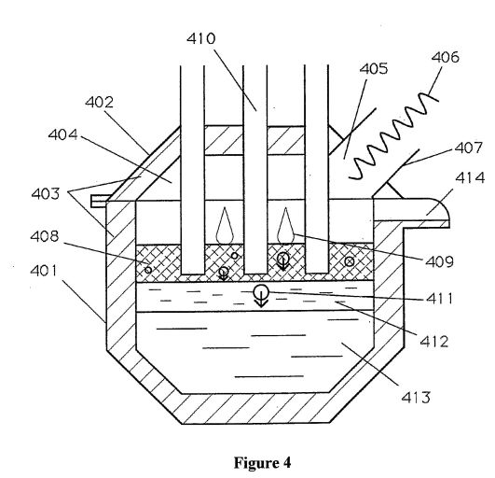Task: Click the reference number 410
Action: [x=200, y=38]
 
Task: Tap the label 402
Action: [x=99, y=103]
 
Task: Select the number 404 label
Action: [x=62, y=134]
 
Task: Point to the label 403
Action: [x=46, y=193]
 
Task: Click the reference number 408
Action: [x=45, y=236]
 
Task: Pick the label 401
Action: [x=44, y=271]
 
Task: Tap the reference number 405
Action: [x=374, y=68]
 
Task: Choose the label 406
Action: [x=445, y=57]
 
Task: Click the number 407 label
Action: [x=469, y=148]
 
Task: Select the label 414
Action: [x=470, y=177]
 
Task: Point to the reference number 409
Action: [x=439, y=261]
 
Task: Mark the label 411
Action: [x=439, y=298]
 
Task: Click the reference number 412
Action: [x=433, y=342]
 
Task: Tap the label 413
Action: [x=416, y=397]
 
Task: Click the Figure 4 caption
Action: [x=262, y=463]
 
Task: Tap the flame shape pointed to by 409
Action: [x=286, y=225]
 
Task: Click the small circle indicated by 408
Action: [x=148, y=270]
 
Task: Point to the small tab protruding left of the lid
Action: [x=99, y=201]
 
